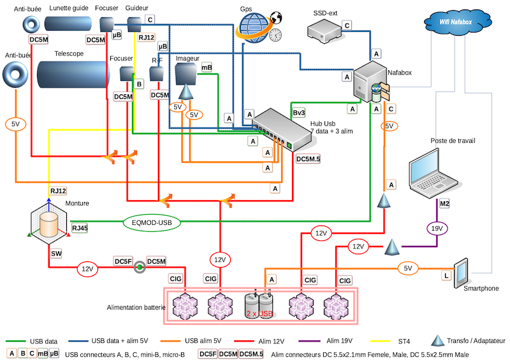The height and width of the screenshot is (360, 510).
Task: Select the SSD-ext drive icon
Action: coord(323,28)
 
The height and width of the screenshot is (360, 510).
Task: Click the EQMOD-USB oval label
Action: coord(152,223)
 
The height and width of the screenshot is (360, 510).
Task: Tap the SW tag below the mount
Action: coord(56,254)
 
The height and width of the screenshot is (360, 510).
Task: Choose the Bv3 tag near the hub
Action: coord(299,113)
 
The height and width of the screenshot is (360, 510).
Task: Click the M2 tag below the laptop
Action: coord(444,203)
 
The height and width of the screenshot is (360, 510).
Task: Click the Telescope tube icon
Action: coord(72,76)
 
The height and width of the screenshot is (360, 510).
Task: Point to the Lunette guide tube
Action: coord(69,24)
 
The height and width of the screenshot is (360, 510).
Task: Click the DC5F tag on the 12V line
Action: coord(123,261)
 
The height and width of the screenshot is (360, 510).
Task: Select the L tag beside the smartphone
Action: coord(446,277)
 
